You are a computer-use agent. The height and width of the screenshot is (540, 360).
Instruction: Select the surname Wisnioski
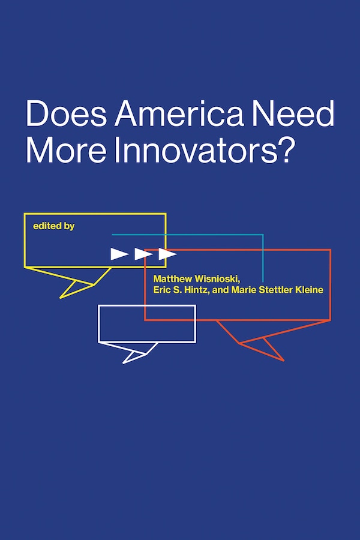pos(216,279)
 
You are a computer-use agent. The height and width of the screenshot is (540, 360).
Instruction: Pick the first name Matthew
pos(173,279)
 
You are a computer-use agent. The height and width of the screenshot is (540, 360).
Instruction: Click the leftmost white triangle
pos(119,254)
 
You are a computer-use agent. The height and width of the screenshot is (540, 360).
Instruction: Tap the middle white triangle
pos(143,254)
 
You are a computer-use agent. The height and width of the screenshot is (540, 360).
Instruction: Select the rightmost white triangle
pos(167,254)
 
